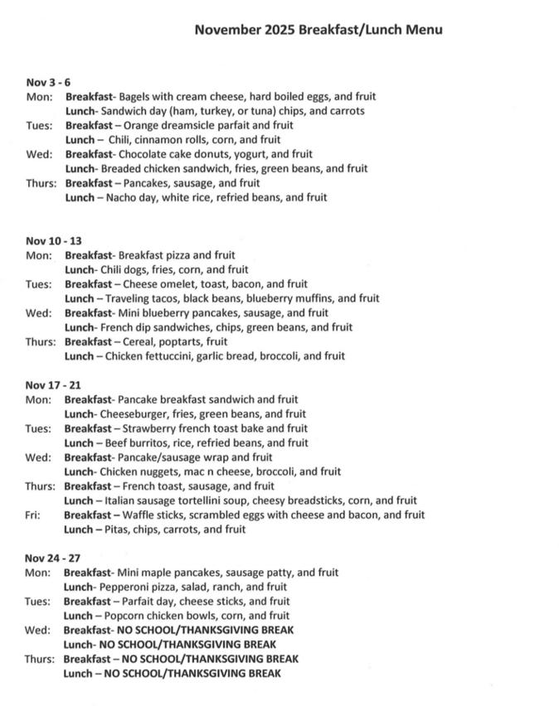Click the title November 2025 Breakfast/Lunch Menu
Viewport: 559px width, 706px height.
pos(318,30)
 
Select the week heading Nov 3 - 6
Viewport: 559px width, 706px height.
pos(48,82)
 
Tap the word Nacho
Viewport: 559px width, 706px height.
pos(122,197)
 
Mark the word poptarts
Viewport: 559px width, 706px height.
pos(176,341)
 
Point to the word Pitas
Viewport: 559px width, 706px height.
pos(119,529)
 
